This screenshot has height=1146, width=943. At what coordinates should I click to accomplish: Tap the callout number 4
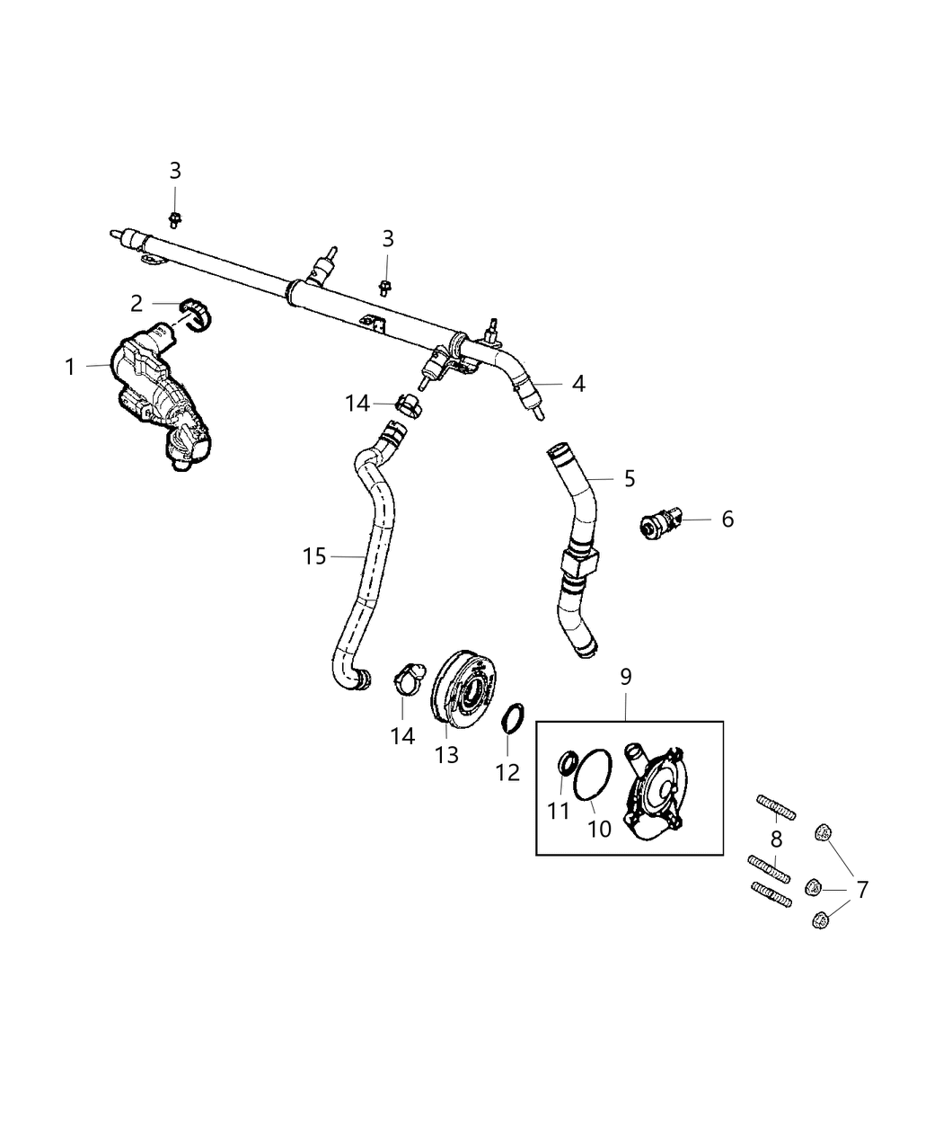pyautogui.click(x=578, y=384)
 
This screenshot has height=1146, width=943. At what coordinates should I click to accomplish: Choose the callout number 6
pyautogui.click(x=727, y=519)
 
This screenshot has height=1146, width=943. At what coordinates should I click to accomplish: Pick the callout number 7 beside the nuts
pyautogui.click(x=861, y=890)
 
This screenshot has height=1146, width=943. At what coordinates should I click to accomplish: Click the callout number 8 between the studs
pyautogui.click(x=776, y=840)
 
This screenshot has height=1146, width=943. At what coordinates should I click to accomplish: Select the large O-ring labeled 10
pyautogui.click(x=593, y=773)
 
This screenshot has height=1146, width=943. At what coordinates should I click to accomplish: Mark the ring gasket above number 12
pyautogui.click(x=512, y=718)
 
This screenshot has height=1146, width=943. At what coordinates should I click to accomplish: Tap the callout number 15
pyautogui.click(x=314, y=556)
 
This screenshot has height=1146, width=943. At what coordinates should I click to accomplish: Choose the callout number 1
pyautogui.click(x=70, y=367)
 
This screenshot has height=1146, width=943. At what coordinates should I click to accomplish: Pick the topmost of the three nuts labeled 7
pyautogui.click(x=822, y=833)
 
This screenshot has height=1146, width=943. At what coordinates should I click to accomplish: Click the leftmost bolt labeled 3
pyautogui.click(x=175, y=218)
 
